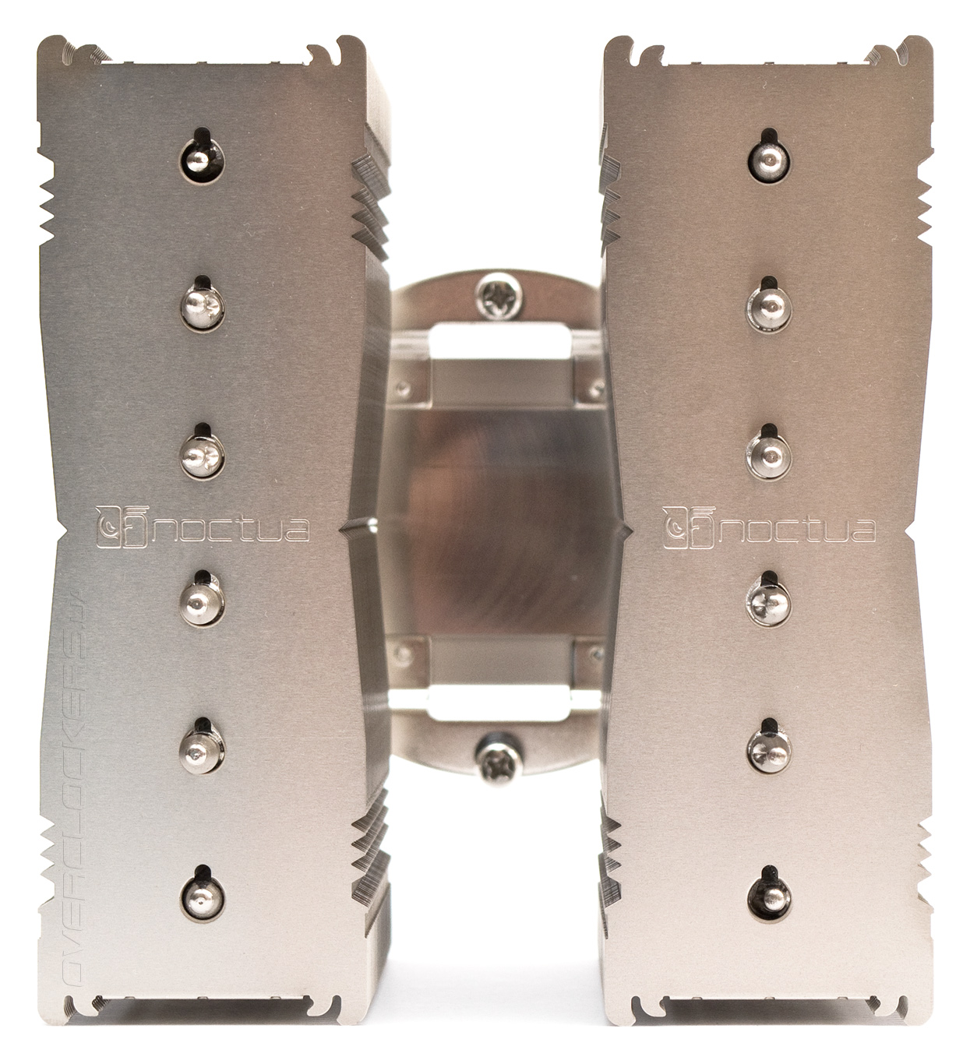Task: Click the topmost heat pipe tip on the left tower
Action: click(x=202, y=159)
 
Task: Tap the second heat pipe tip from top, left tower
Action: click(x=202, y=308)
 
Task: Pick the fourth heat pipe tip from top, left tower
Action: click(x=202, y=602)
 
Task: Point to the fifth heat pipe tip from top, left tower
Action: click(x=202, y=749)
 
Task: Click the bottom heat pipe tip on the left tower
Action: click(x=202, y=897)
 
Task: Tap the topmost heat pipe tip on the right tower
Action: click(x=769, y=159)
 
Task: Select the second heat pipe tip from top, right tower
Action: click(x=769, y=308)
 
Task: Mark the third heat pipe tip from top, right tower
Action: click(x=769, y=455)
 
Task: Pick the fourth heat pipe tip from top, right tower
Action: click(x=769, y=602)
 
